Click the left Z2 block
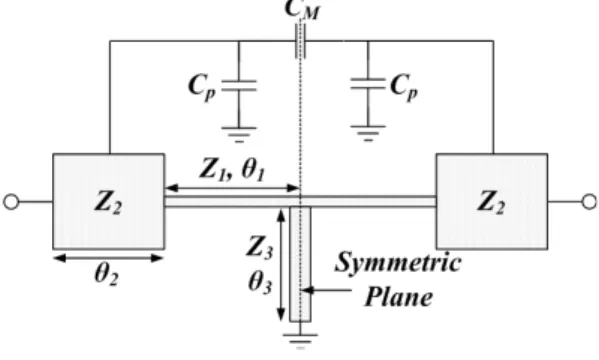coord(109,201)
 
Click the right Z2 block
coord(492,201)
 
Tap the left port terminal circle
coord(11,201)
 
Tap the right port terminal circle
coord(590,201)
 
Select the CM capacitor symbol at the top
coord(300,41)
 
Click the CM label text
coord(302,9)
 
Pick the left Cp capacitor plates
coord(239,86)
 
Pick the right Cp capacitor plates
coord(368,84)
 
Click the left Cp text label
coord(202,88)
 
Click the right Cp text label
coord(404,87)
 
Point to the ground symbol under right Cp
coord(368,133)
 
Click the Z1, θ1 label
coord(232,169)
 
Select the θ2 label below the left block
coord(106,275)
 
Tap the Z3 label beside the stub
coord(260,247)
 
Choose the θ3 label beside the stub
coord(261,283)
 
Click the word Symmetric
coord(398,262)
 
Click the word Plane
coord(399,296)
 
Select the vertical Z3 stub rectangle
coord(300,264)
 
